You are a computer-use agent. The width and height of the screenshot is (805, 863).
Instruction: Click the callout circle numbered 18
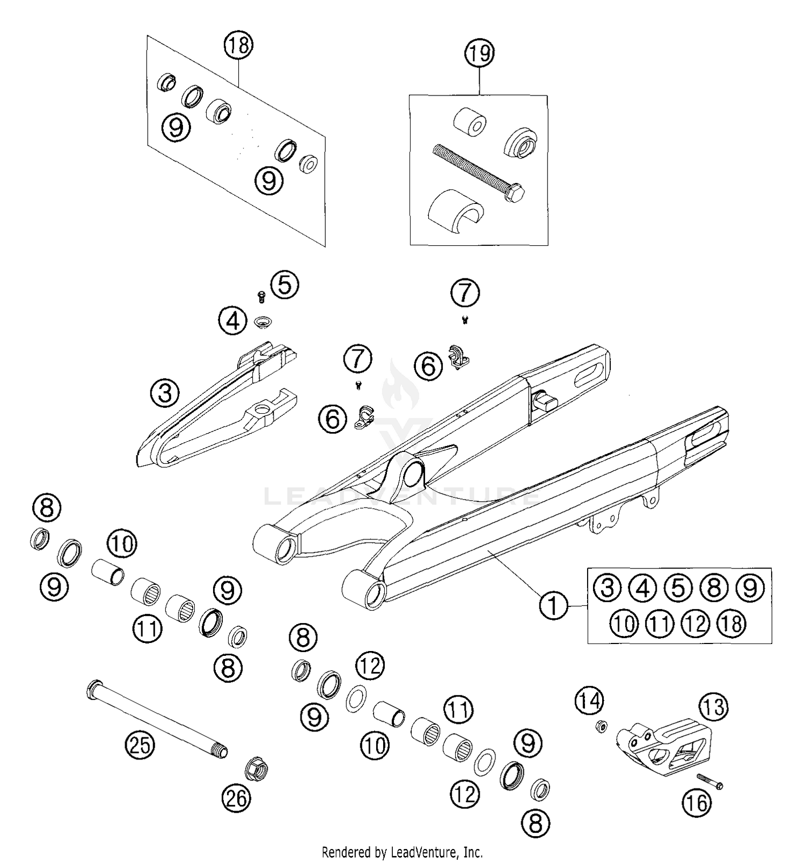click(x=238, y=45)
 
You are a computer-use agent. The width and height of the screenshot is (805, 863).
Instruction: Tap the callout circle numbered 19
click(x=479, y=54)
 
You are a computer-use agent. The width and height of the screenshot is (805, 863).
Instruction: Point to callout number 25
click(x=140, y=745)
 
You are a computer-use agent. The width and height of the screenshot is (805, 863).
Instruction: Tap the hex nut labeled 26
click(x=256, y=771)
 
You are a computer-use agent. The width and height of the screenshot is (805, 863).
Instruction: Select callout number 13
click(x=714, y=707)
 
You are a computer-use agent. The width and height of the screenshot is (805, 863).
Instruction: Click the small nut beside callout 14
click(x=602, y=727)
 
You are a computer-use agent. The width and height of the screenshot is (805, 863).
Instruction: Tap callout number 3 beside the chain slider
click(x=165, y=393)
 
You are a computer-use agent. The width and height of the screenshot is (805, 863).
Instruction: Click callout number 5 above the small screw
click(x=284, y=284)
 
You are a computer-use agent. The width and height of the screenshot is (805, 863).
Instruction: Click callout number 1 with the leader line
click(x=553, y=605)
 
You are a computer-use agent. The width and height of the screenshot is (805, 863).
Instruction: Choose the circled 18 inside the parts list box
click(x=731, y=624)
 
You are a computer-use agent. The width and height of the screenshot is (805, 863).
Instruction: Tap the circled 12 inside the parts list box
click(x=696, y=624)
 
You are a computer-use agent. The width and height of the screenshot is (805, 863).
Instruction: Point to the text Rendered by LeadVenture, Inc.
click(x=402, y=852)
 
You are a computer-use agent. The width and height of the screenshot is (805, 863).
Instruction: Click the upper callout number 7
click(x=465, y=292)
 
